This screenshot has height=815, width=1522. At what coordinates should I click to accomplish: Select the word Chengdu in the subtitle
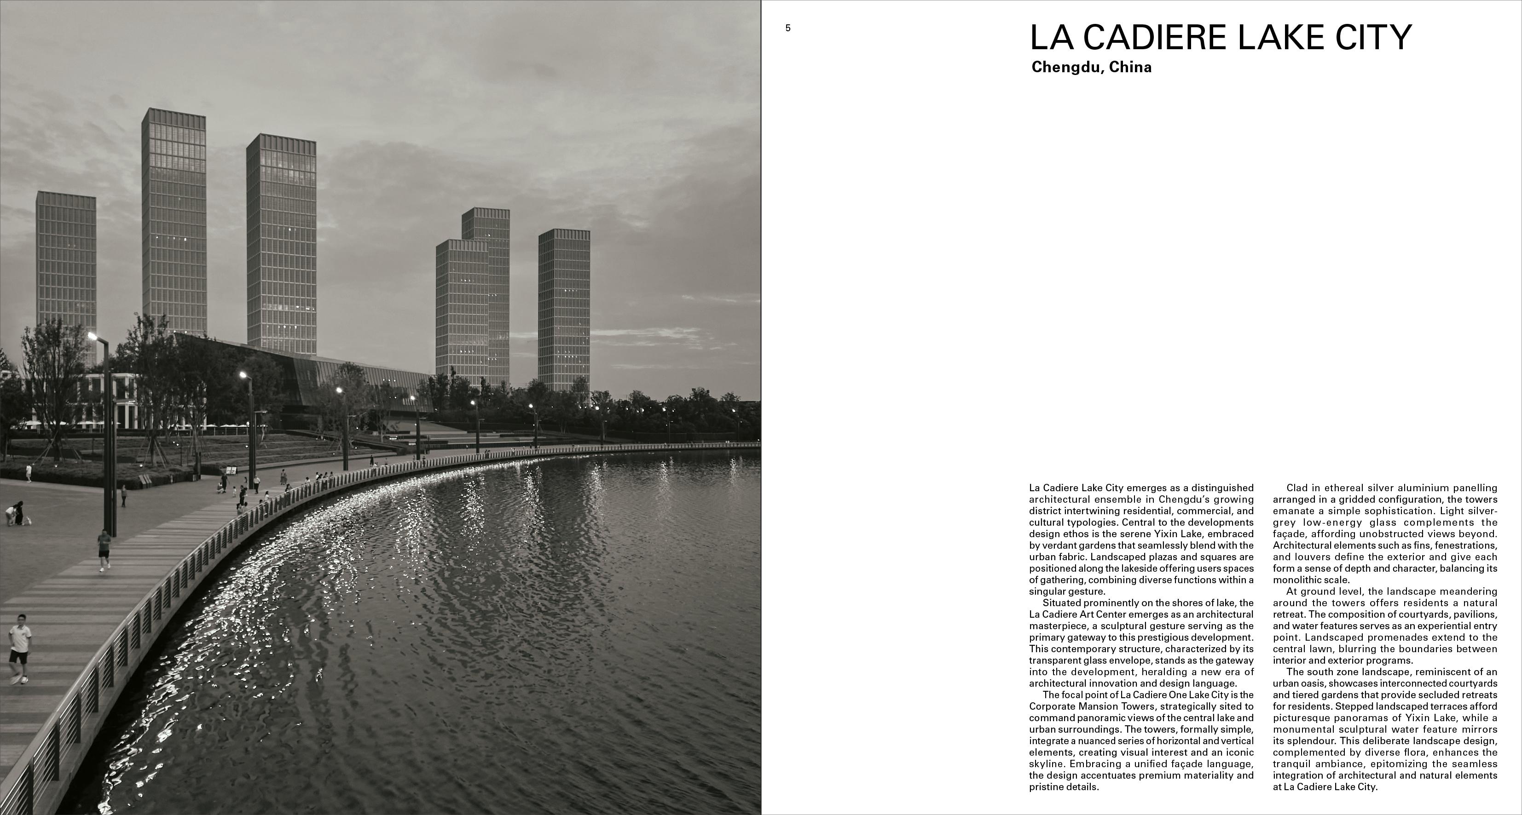(x=1066, y=67)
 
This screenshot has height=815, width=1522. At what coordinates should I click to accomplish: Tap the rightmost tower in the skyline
(x=564, y=307)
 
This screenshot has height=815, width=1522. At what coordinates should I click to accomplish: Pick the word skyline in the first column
(x=1045, y=764)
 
